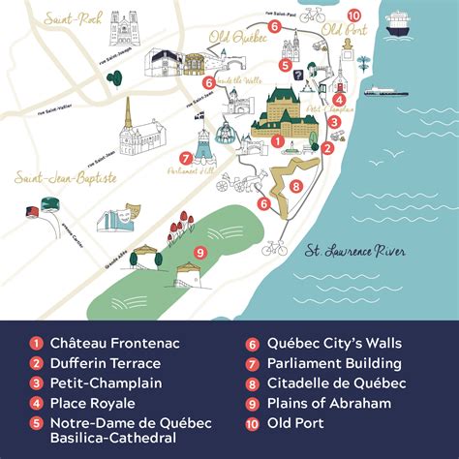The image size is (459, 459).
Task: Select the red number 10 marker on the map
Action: [353, 15]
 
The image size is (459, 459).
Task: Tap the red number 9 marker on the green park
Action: [200, 253]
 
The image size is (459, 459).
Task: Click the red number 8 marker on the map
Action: [295, 186]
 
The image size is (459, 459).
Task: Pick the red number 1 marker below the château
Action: [277, 141]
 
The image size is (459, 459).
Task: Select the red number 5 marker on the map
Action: [287, 65]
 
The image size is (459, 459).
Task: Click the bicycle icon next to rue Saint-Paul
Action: [312, 15]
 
